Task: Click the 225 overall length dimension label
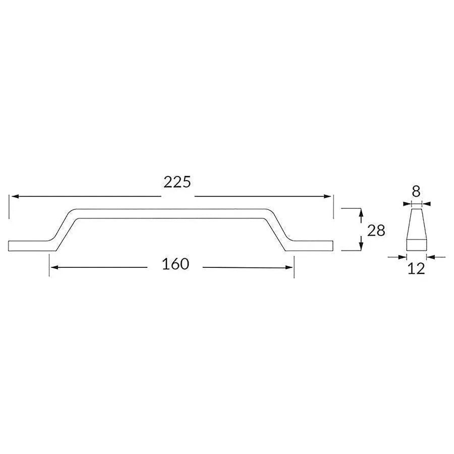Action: coord(177,182)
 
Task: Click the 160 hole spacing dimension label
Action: coord(176,264)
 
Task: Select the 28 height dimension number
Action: coord(376,231)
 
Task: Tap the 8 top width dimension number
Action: coord(416,191)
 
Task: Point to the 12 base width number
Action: coord(416,269)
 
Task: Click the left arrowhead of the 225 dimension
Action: coord(14,196)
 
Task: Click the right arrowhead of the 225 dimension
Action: coord(329,196)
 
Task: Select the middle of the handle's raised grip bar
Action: coord(172,213)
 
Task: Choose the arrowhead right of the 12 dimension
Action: coord(430,257)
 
